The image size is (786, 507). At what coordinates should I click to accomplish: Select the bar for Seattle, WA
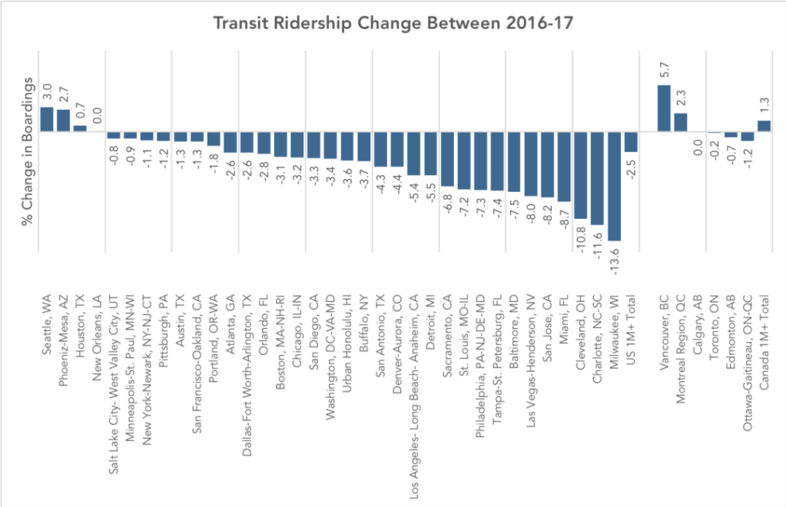[x=46, y=119]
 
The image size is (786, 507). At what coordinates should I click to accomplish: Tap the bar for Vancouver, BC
[x=664, y=108]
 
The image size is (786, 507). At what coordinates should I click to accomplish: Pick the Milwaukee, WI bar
[x=614, y=186]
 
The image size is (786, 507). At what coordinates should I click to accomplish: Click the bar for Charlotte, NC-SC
[x=597, y=178]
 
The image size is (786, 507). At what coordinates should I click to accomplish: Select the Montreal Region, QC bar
[x=681, y=122]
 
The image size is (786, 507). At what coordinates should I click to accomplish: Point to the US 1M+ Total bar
[x=631, y=142]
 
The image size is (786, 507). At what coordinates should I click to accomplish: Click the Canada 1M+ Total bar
[x=764, y=126]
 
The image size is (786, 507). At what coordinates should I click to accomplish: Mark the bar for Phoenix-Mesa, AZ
[x=63, y=121]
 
